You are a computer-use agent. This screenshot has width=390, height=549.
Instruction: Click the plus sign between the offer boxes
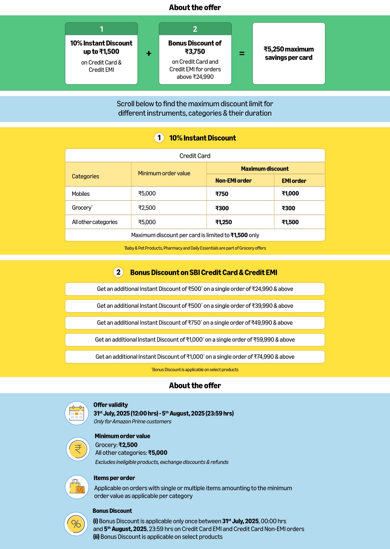point(149,54)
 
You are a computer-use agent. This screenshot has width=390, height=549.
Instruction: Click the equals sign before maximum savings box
point(242,54)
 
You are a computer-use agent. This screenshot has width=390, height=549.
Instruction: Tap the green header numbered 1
point(101,29)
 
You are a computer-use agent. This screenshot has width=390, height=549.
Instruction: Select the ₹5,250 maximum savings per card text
point(289,53)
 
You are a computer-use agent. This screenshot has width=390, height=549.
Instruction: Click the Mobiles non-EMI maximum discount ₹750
point(222,194)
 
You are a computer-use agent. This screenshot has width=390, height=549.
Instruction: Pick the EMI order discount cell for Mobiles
point(290,194)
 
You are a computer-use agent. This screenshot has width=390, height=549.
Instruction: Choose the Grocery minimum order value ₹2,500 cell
point(147,208)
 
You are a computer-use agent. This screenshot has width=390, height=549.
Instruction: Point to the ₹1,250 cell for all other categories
point(224,222)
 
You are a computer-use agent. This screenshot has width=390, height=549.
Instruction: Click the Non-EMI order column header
point(233,181)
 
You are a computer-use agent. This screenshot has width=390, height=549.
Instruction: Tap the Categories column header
point(86,176)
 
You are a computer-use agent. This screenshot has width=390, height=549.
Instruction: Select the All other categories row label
point(95,222)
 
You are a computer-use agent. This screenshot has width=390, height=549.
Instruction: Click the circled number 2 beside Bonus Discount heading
point(118,272)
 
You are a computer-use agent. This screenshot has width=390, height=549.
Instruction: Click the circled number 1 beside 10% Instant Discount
point(159,138)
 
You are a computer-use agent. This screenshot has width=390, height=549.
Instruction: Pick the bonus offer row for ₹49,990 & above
point(195,323)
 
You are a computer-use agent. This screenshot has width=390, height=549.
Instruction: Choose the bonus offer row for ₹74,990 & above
point(195,357)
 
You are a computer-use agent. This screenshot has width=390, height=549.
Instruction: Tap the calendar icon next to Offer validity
point(77,413)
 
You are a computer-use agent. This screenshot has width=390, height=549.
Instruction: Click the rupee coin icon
point(78,449)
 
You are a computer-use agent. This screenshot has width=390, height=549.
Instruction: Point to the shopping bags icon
point(77,487)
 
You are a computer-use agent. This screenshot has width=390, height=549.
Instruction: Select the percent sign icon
point(76,524)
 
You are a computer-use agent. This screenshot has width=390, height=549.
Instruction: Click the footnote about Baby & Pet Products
point(195,248)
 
